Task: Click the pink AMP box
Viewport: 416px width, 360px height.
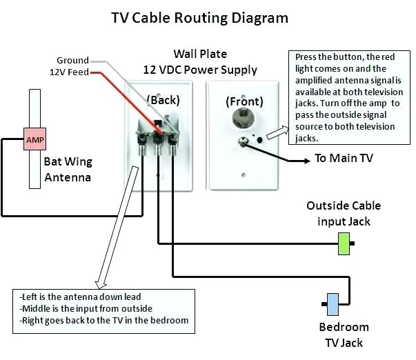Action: click(x=34, y=140)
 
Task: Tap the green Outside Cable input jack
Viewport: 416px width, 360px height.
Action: click(x=344, y=244)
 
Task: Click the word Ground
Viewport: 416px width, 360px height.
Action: click(x=72, y=60)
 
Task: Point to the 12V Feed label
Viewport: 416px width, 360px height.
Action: click(x=68, y=72)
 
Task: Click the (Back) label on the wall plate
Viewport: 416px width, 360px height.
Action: click(x=164, y=100)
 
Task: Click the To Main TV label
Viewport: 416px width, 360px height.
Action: click(x=344, y=159)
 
